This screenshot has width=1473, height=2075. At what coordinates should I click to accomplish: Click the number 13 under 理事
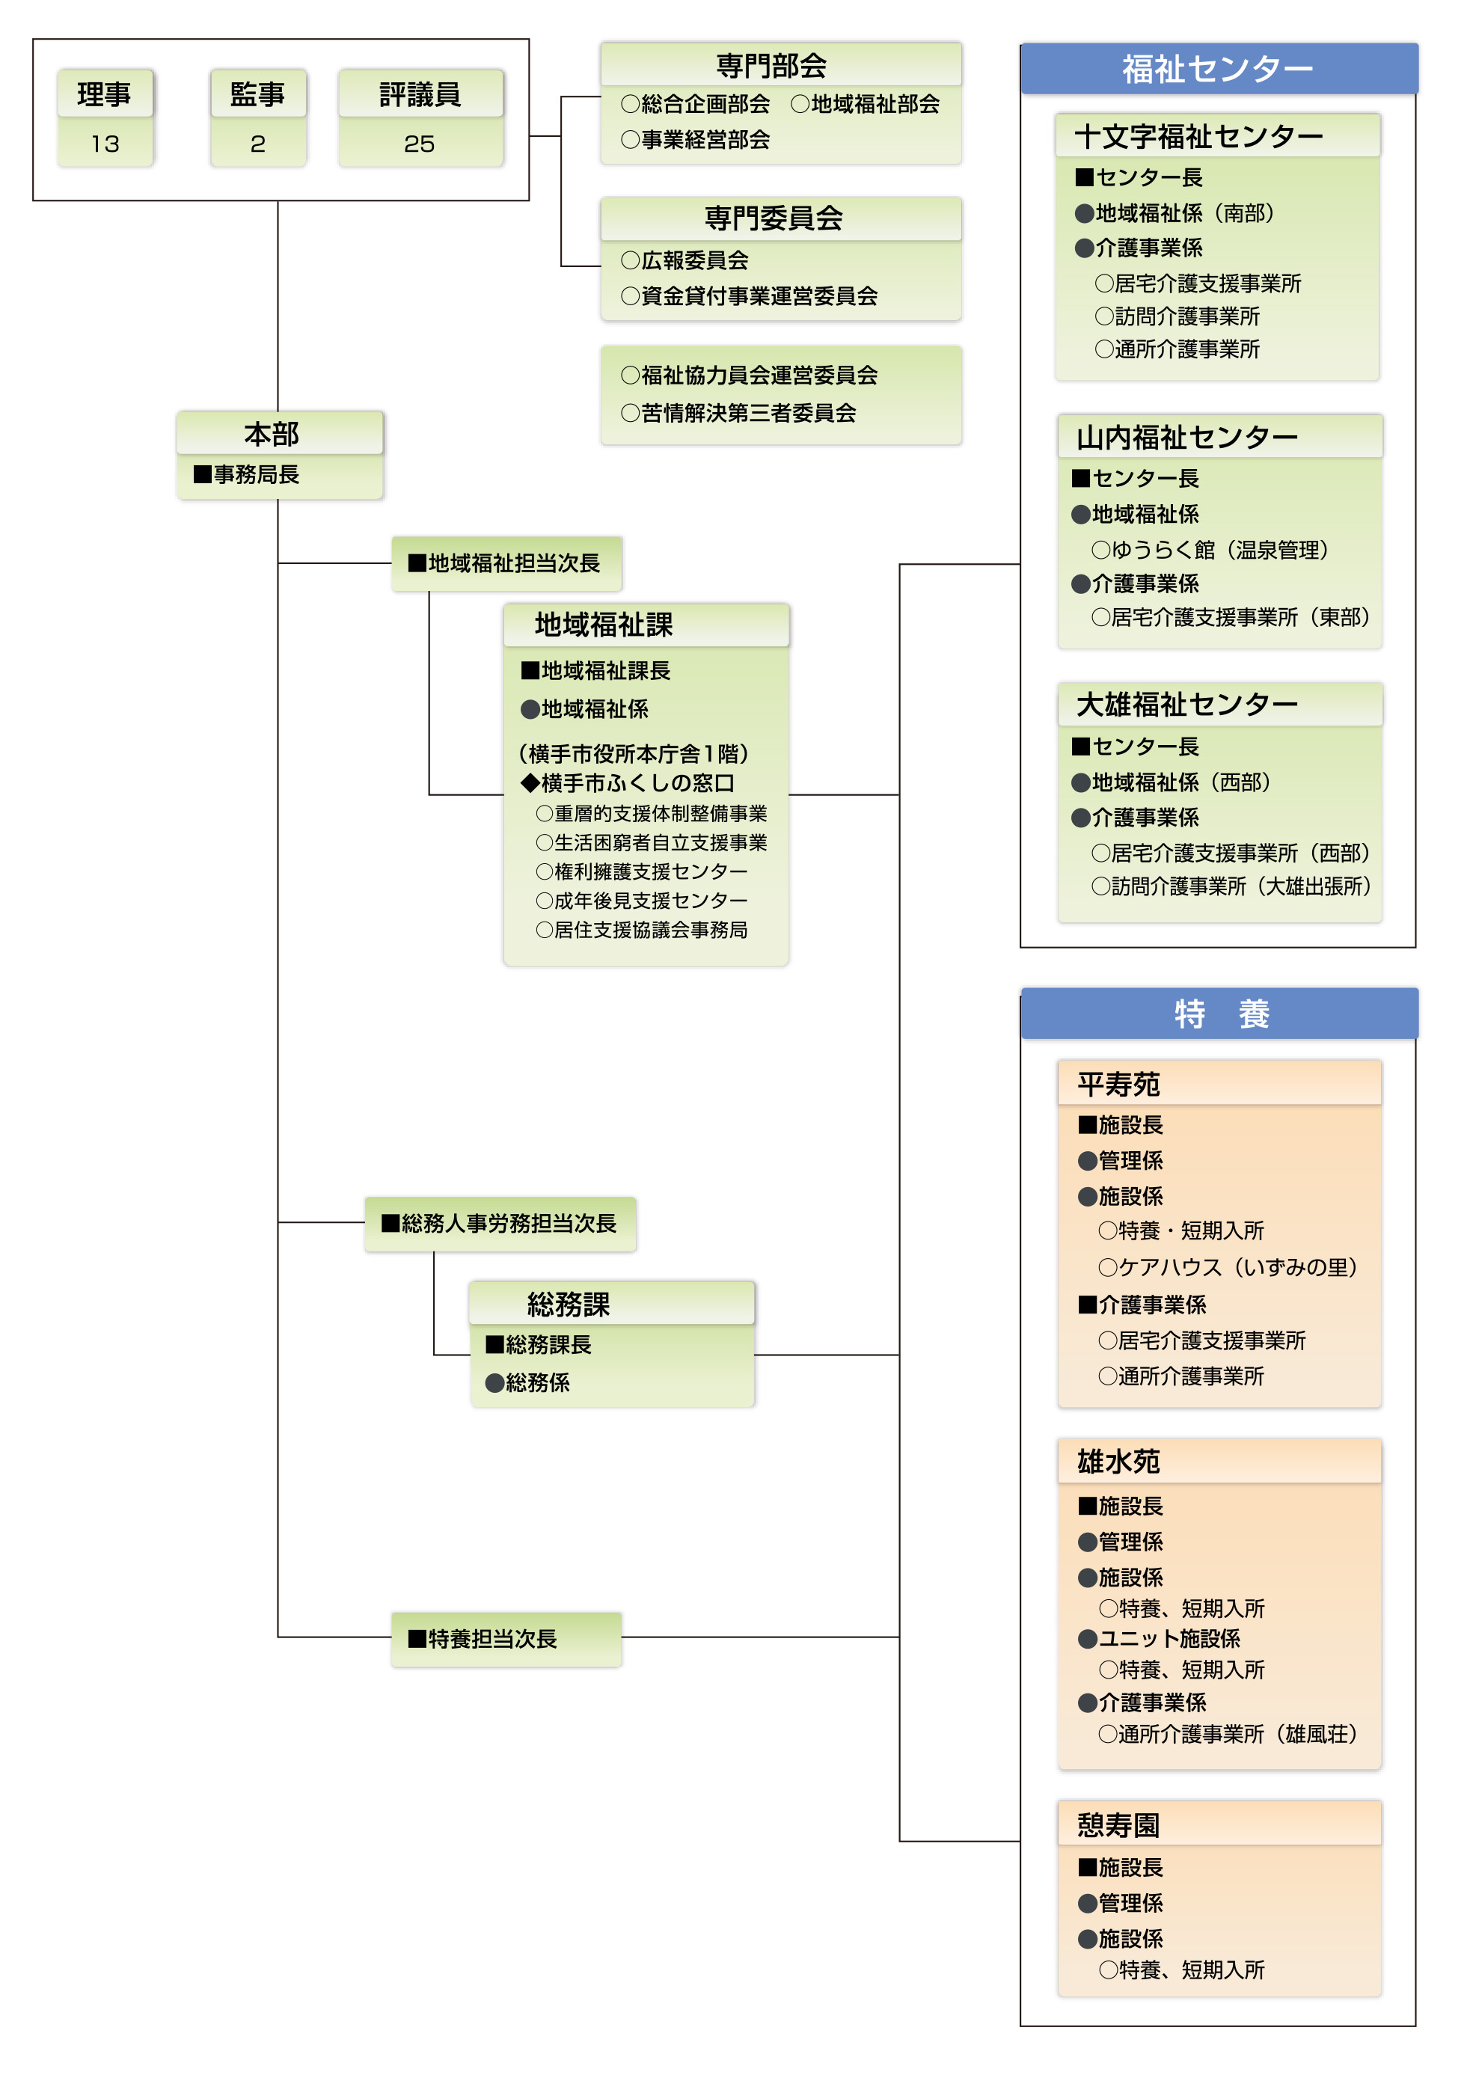point(105,144)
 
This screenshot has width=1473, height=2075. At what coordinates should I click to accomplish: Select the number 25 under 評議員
point(419,144)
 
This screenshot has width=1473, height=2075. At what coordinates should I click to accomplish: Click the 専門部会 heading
point(772,65)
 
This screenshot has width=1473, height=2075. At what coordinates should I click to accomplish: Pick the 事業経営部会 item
point(696,140)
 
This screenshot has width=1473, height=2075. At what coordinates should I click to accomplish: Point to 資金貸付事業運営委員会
point(749,295)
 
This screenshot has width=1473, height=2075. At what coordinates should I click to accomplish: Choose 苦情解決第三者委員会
point(738,413)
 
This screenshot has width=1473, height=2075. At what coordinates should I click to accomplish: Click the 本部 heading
point(272,434)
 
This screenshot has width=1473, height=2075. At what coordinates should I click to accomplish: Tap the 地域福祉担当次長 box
point(506,563)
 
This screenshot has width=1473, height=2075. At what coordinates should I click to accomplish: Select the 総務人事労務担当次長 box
point(500,1224)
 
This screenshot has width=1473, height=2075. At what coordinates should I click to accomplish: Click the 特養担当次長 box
point(506,1639)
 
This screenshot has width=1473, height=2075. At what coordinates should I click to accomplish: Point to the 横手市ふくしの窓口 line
point(628,782)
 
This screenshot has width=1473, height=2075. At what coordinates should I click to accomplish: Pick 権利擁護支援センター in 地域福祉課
point(642,871)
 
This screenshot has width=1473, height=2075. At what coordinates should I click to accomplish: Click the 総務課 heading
point(569,1304)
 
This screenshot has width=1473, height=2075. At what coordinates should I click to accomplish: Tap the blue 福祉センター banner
point(1219,69)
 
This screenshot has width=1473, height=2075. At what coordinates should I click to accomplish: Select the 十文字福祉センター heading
point(1198,136)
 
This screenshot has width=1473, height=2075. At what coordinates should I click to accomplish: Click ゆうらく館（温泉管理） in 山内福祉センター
point(1210,550)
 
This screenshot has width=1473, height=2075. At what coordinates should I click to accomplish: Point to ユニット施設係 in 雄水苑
point(1159,1639)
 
